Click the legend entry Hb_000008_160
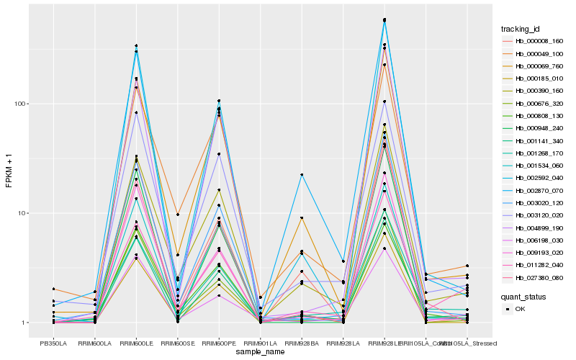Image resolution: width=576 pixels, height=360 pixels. pyautogui.click(x=536, y=41)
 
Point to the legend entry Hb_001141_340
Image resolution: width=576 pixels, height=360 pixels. pyautogui.click(x=536, y=140)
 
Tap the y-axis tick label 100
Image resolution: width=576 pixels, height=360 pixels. pyautogui.click(x=21, y=104)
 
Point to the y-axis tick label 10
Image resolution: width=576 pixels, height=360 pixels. pyautogui.click(x=23, y=214)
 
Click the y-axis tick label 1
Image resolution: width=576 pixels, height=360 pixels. pyautogui.click(x=25, y=323)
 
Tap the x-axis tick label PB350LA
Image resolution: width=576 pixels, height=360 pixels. pyautogui.click(x=53, y=343)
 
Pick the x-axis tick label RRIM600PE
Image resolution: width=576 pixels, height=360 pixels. pyautogui.click(x=219, y=343)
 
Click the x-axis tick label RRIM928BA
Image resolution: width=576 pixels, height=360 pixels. pyautogui.click(x=302, y=343)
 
